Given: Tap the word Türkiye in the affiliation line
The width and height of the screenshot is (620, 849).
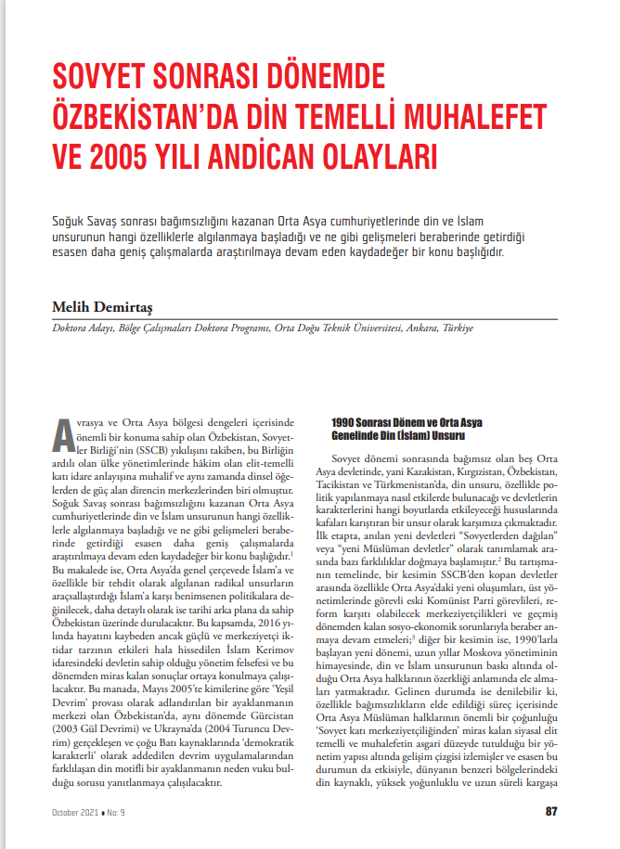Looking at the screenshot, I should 457,328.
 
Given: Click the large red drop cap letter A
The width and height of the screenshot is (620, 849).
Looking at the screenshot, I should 61,432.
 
